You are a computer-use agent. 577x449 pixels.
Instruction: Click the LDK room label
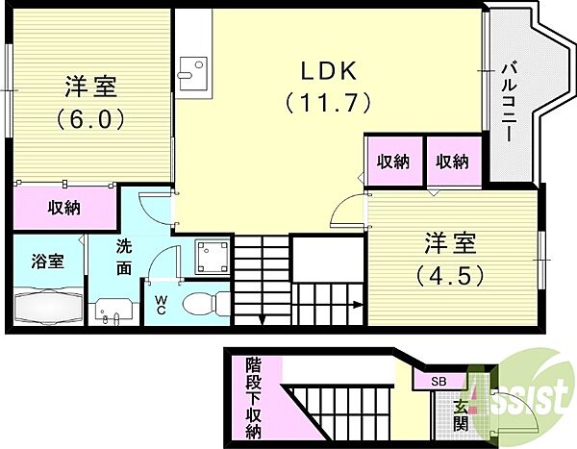329,71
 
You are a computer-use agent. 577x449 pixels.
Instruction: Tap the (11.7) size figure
328,102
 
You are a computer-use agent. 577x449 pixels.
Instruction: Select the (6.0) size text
90,119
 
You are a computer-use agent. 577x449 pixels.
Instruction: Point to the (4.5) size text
450,276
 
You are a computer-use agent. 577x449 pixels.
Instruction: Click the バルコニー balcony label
510,102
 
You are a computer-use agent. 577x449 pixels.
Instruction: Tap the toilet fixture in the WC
206,303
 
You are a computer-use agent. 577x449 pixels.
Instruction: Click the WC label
160,305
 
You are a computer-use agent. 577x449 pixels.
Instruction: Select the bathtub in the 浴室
47,308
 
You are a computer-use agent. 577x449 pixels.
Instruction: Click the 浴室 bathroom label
48,261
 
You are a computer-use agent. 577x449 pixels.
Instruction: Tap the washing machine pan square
212,258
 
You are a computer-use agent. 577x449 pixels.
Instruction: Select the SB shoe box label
439,382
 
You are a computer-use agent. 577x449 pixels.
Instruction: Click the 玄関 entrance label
461,415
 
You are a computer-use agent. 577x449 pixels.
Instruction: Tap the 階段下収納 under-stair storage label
254,398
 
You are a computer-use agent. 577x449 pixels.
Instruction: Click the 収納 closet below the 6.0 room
64,209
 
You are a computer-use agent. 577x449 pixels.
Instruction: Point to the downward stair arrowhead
262,320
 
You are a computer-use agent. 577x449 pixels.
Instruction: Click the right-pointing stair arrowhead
357,305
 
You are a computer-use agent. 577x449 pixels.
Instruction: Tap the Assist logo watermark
522,398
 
